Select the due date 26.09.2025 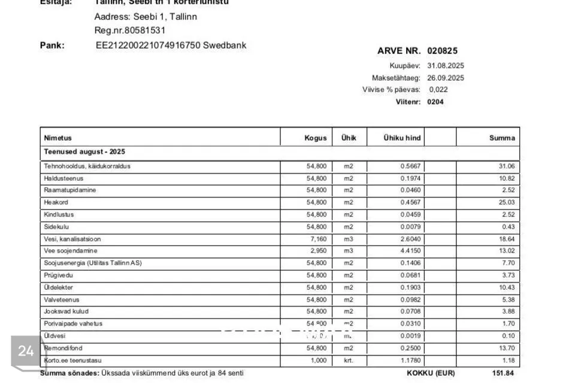click(446, 78)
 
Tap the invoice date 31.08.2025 click(446, 66)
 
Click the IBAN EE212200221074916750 click(148, 45)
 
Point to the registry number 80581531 click(143, 31)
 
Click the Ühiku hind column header click(402, 138)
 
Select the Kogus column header click(316, 138)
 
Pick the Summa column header click(502, 138)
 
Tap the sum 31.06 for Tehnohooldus click(507, 166)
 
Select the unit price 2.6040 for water click(410, 239)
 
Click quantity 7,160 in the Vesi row click(317, 239)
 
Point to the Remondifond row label click(63, 348)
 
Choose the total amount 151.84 click(503, 373)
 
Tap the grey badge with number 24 click(26, 351)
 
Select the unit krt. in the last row click(349, 360)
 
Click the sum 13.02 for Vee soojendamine click(507, 251)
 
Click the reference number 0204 click(435, 102)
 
